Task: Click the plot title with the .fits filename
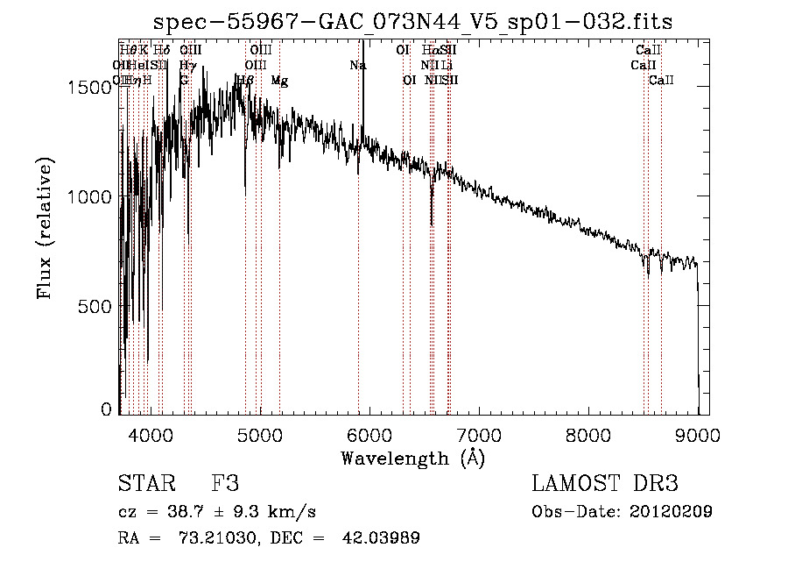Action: point(412,23)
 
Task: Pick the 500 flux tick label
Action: point(100,306)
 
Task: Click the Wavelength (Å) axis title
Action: point(413,458)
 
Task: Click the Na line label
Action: point(357,65)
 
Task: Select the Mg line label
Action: point(279,81)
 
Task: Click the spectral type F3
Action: point(225,484)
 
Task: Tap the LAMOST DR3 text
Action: point(605,484)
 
